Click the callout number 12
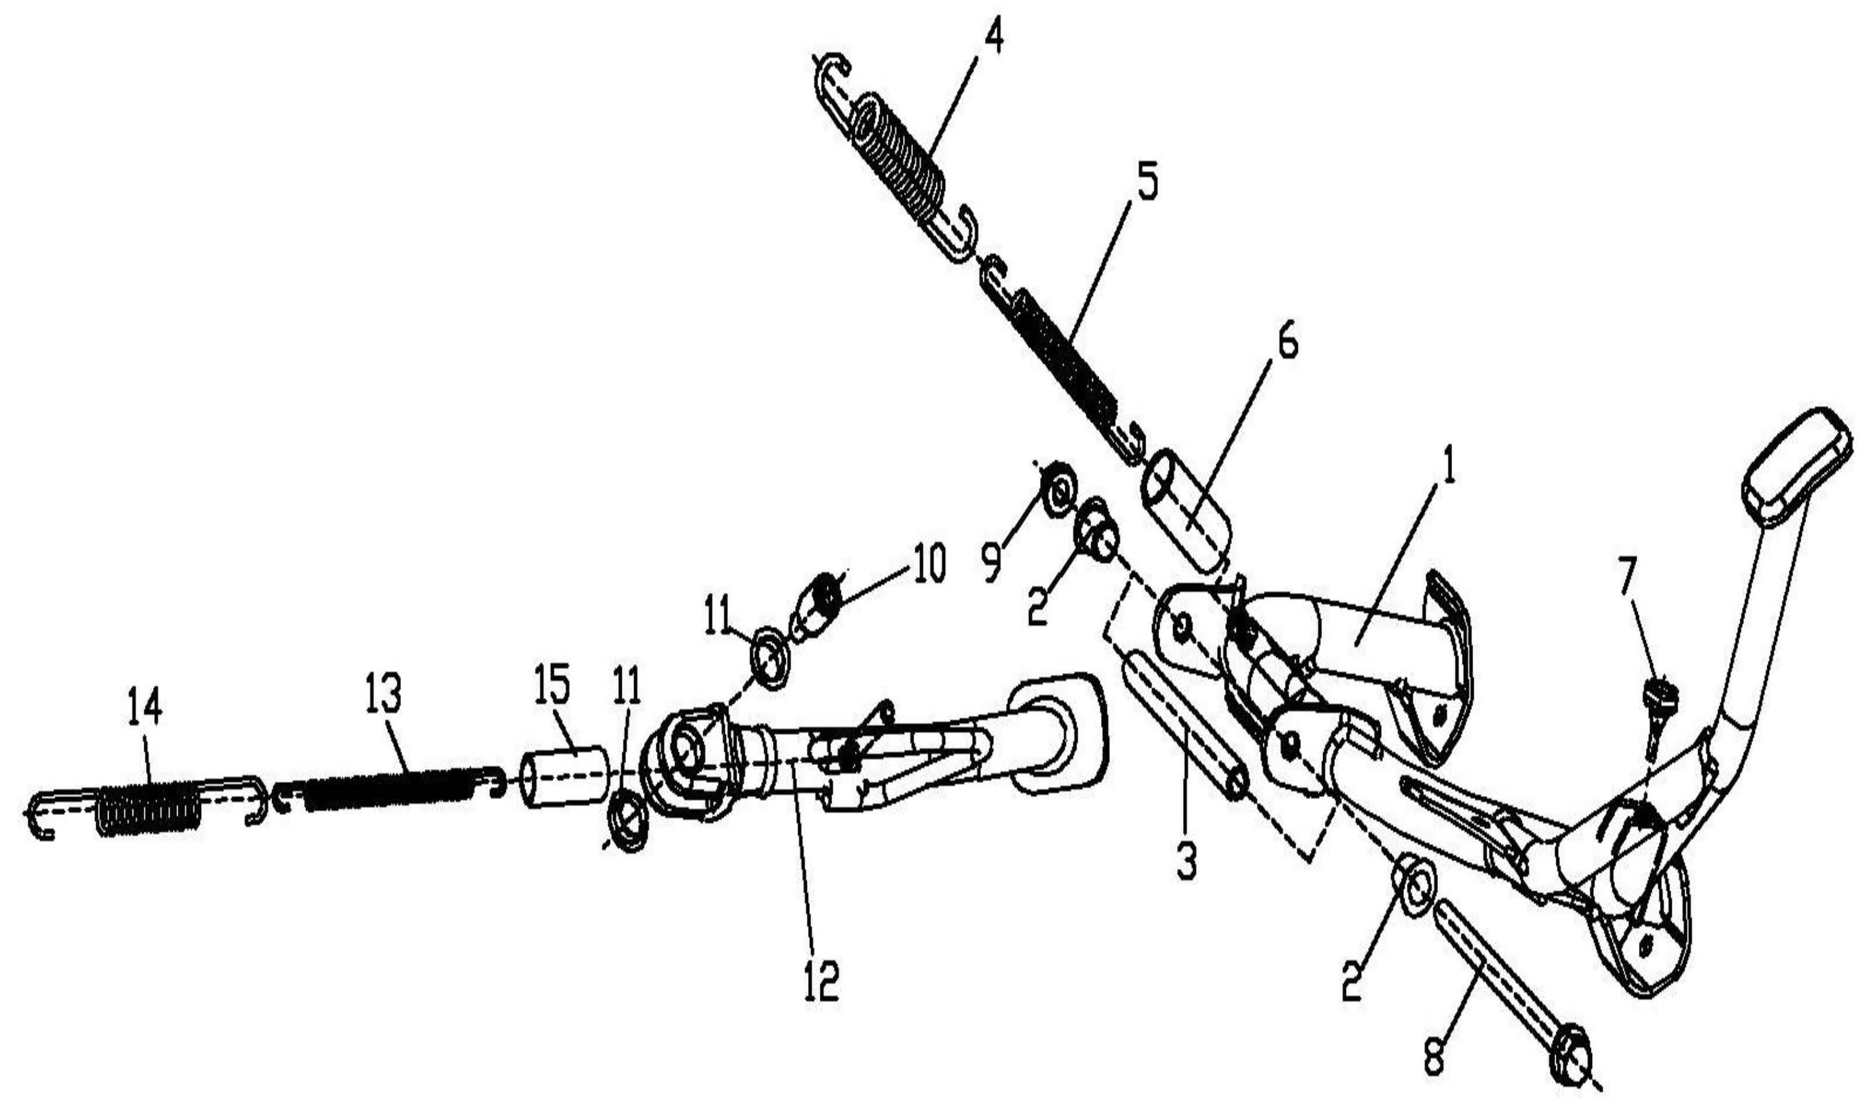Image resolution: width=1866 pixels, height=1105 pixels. point(821,982)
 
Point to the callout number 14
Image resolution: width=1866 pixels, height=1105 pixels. point(145,705)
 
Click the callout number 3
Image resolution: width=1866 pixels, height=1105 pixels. point(1186,863)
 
